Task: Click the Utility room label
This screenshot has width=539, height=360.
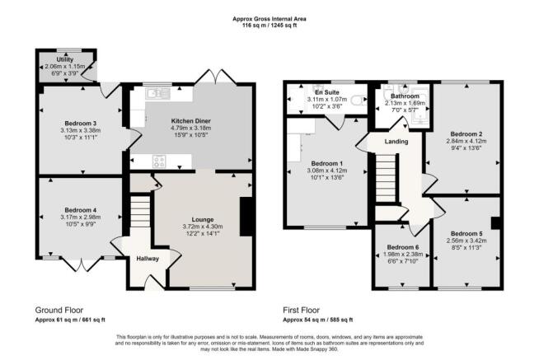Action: pyautogui.click(x=66, y=60)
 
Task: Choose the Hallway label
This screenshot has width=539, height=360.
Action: pyautogui.click(x=146, y=258)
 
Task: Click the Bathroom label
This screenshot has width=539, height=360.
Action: pyautogui.click(x=405, y=96)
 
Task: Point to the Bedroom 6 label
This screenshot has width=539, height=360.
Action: pyautogui.click(x=404, y=247)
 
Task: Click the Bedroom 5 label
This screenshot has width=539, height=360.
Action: pyautogui.click(x=466, y=233)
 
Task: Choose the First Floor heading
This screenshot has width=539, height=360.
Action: pyautogui.click(x=307, y=310)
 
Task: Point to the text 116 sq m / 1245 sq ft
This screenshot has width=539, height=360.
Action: pyautogui.click(x=269, y=26)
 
